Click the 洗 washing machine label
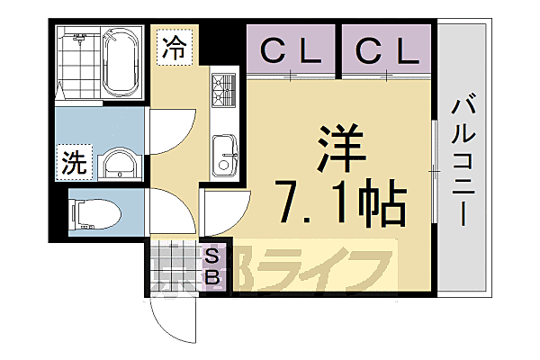click(73, 163)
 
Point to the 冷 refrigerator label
click(175, 49)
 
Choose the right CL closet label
click(386, 52)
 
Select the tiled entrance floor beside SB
click(174, 265)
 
